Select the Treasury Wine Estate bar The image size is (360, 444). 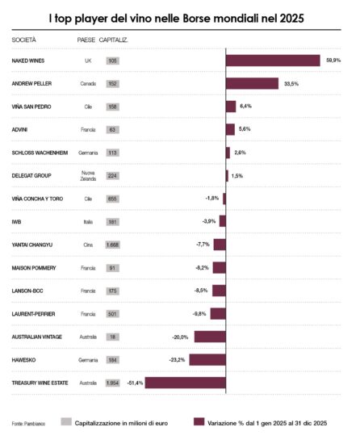(185, 383)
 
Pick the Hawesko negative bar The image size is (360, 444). (207, 359)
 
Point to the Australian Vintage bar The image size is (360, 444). (210, 337)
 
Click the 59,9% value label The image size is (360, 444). (333, 61)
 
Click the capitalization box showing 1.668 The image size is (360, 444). (113, 245)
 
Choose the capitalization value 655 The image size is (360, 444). (113, 199)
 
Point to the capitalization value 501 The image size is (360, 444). (113, 314)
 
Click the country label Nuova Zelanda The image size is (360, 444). (88, 175)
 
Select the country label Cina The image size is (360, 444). (88, 245)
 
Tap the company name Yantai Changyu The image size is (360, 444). (32, 245)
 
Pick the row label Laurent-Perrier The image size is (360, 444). (33, 314)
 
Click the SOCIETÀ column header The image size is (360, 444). (24, 39)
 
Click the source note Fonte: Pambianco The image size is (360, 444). (28, 423)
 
